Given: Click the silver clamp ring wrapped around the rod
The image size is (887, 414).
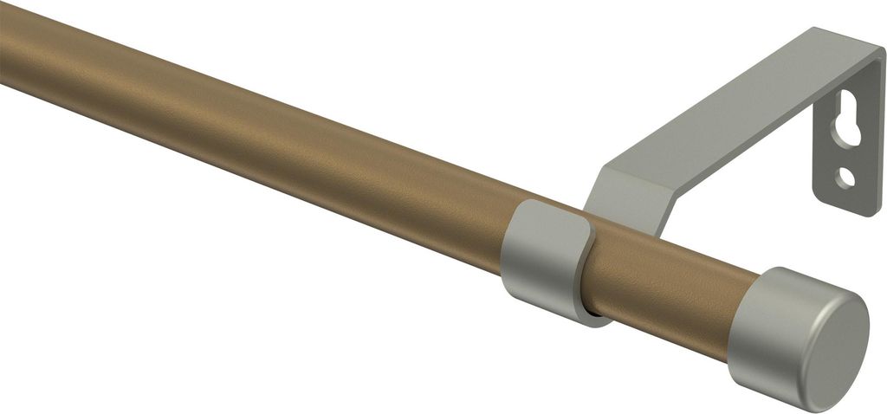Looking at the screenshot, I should pos(537,256).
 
